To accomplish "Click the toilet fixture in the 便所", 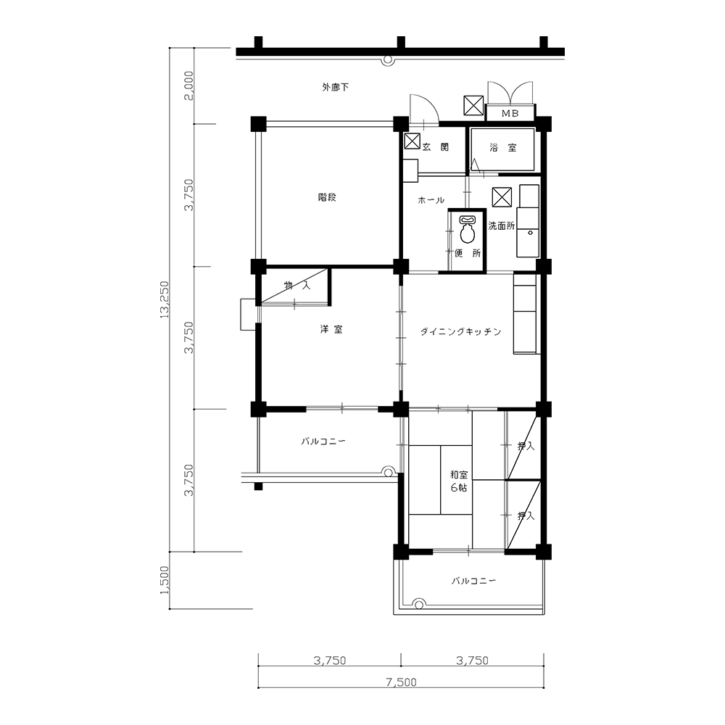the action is pos(468,229).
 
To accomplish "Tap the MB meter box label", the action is pos(510,113).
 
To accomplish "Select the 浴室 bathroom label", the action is pos(503,148).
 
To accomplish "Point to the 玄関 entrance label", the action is pos(435,147).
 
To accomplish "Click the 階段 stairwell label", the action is pos(327,197).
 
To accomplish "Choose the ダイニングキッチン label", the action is pos(460,331).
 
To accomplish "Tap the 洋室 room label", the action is pos(331,329).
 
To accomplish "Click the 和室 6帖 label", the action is pos(459,481).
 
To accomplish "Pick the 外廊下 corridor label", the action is pos(335,87).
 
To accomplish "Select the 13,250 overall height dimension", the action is pos(165,299).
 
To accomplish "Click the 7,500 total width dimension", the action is pos(401,682).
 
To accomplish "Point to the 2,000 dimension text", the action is pos(188,86).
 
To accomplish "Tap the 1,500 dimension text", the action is pos(165,580).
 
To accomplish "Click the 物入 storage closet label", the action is pos(297,285).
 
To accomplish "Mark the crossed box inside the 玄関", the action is pos(412,141).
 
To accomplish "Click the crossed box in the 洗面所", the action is pos(502,197).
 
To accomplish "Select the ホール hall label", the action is pos(431,200).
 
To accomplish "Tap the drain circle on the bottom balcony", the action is pos(419,605).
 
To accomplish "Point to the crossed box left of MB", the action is pos(473,105).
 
